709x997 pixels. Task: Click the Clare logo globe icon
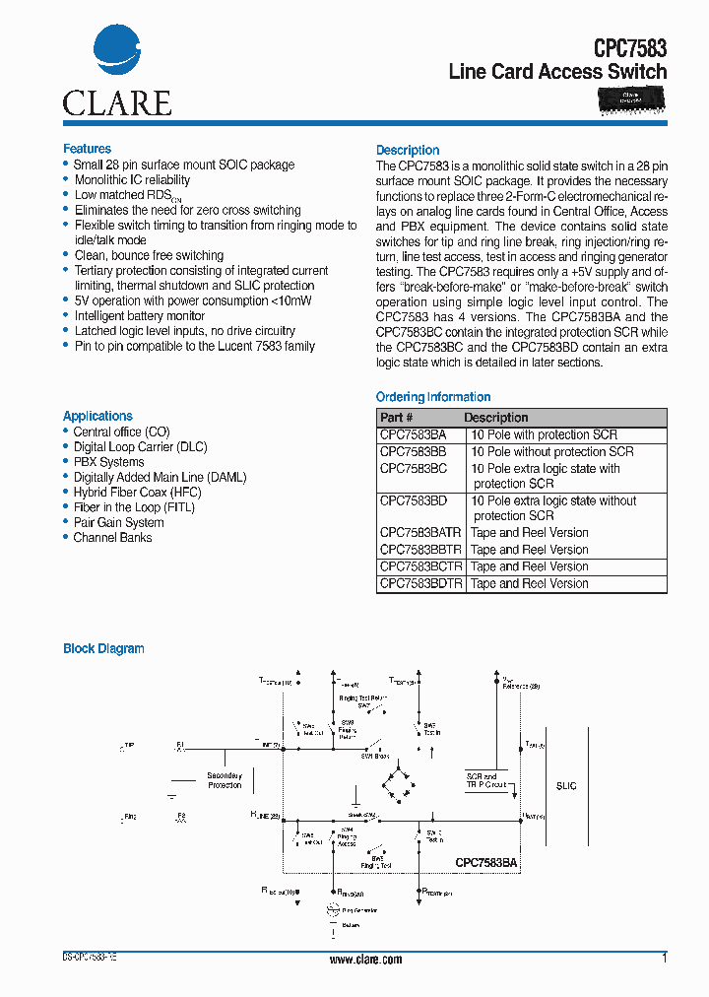(117, 51)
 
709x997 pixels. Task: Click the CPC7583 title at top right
(629, 47)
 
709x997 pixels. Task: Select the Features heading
(87, 149)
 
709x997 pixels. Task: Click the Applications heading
(97, 416)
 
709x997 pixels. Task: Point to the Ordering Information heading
(433, 397)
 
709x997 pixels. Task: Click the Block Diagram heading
(103, 648)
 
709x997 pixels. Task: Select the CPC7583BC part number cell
(414, 469)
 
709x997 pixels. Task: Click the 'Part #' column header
(398, 418)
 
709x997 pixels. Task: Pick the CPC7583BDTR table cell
(420, 583)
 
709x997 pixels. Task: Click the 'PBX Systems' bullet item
(108, 462)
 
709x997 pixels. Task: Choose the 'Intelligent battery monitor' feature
(140, 316)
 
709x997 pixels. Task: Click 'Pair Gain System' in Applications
(118, 522)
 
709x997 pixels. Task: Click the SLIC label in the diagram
(566, 786)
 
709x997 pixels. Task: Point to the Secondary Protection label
(225, 780)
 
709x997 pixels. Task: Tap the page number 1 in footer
(665, 958)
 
